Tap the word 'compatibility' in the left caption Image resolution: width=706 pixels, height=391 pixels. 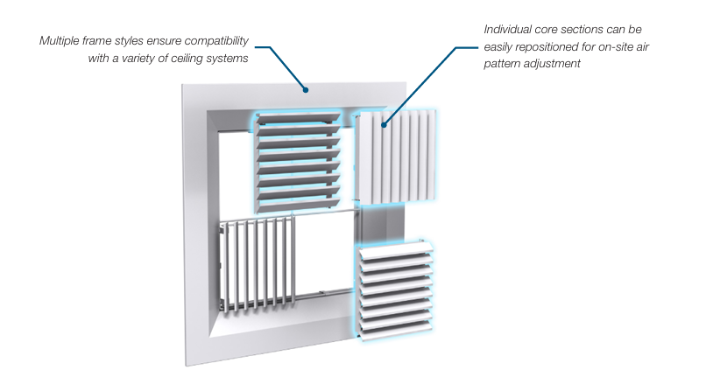215,41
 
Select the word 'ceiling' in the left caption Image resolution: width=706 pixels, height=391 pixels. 194,58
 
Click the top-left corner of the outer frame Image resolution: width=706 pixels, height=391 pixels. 183,84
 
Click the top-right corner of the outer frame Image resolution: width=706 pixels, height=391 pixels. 406,82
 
